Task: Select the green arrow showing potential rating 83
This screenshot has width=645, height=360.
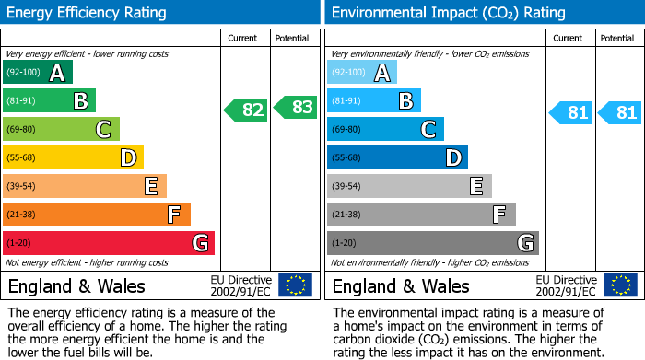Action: click(295, 107)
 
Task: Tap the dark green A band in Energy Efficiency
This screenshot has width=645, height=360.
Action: click(38, 72)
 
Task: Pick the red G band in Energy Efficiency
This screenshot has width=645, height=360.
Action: click(109, 243)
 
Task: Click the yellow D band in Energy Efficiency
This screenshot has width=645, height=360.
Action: click(73, 157)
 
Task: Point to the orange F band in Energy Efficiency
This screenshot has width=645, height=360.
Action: click(97, 215)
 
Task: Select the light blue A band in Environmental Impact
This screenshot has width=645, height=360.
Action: click(362, 72)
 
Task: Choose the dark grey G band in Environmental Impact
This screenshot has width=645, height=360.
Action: click(433, 243)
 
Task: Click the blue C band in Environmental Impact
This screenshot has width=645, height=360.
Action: click(385, 129)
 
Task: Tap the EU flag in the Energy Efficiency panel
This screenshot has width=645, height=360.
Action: click(295, 285)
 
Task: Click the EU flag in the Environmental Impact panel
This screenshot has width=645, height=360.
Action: click(620, 285)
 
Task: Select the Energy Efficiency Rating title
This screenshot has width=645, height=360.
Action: click(88, 13)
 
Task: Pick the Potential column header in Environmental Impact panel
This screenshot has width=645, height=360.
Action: click(616, 38)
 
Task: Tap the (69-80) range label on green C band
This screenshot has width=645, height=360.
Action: click(24, 130)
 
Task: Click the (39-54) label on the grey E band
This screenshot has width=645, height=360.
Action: click(348, 187)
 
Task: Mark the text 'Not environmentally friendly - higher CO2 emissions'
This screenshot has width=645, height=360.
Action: click(429, 262)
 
